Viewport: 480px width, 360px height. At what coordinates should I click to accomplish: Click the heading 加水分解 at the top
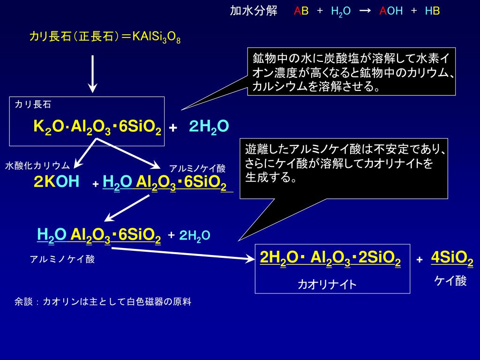click(x=253, y=11)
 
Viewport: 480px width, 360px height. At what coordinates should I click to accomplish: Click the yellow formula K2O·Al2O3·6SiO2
click(x=97, y=127)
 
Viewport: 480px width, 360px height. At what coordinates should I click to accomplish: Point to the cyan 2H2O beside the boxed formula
click(x=209, y=127)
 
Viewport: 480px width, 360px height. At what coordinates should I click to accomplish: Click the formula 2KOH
click(x=56, y=182)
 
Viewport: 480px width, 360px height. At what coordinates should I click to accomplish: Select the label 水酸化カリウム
click(x=37, y=165)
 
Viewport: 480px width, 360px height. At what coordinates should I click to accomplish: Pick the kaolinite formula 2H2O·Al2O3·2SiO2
click(x=330, y=258)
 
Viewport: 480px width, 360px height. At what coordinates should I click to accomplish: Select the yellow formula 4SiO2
click(x=452, y=258)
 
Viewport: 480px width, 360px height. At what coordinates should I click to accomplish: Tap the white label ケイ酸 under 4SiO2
click(x=450, y=281)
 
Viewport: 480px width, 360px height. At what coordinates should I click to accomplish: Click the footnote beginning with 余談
click(x=103, y=302)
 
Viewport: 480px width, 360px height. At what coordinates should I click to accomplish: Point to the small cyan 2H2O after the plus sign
click(x=195, y=235)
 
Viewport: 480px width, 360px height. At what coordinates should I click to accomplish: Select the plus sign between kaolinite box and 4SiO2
click(x=420, y=260)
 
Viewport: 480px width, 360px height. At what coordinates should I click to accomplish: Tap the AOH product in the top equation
click(x=391, y=11)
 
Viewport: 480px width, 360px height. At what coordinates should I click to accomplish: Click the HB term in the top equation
click(x=432, y=11)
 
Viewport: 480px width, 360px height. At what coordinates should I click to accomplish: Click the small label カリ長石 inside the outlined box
click(x=33, y=105)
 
